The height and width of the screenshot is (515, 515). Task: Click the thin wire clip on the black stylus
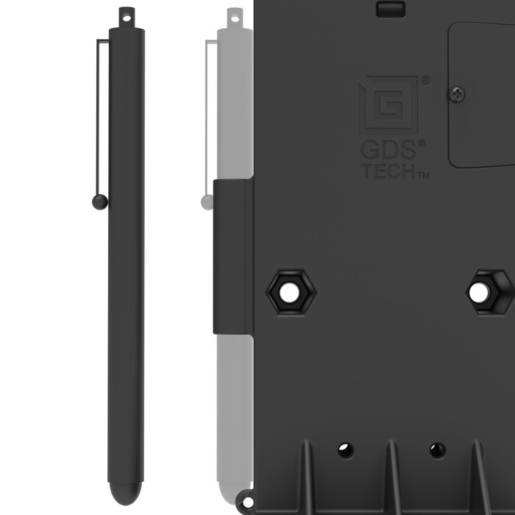[x=98, y=118]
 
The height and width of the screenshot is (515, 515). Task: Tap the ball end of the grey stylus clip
[x=206, y=200]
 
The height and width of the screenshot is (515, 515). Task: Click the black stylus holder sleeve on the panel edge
[x=232, y=253]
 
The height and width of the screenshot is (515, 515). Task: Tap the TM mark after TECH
[x=424, y=176]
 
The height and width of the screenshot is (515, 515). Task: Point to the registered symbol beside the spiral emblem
[x=425, y=79]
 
